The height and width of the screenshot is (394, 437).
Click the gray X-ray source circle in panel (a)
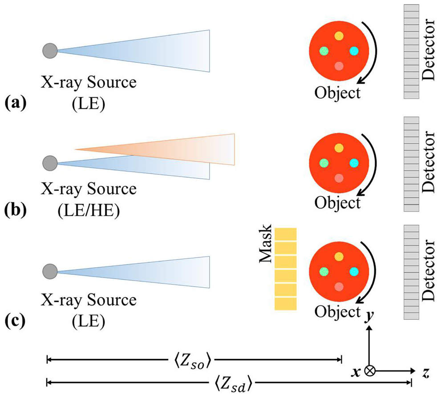tap(50, 51)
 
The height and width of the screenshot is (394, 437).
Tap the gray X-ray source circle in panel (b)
tap(50, 163)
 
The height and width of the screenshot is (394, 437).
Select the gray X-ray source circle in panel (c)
tap(50, 271)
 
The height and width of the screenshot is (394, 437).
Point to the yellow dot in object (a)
tap(339, 36)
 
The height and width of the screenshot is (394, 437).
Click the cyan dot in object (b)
tap(354, 163)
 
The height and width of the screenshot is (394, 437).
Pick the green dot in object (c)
tap(324, 271)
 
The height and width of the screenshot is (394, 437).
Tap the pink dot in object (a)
tap(339, 66)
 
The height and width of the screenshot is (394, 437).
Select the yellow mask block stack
tap(286, 269)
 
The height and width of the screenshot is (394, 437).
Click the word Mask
tap(265, 243)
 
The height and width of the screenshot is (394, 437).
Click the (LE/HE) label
tap(89, 210)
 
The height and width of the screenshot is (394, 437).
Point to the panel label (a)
tap(16, 102)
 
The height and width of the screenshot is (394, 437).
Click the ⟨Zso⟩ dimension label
tap(192, 361)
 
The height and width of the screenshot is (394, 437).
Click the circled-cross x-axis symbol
tap(369, 370)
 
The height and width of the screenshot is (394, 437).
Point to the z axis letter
tap(426, 373)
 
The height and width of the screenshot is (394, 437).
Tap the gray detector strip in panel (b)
tap(411, 164)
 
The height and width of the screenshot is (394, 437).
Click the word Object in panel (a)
tap(337, 92)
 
